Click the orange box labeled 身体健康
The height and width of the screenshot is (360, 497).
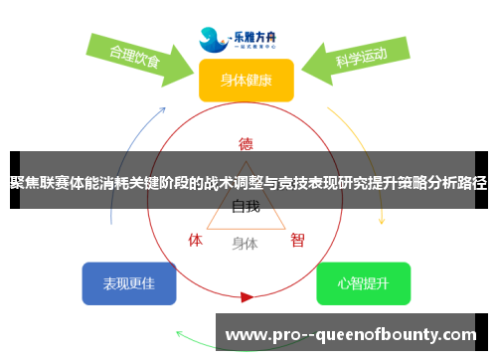[246, 80]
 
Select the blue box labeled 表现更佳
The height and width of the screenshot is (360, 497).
[128, 283]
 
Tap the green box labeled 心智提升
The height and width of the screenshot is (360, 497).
[363, 283]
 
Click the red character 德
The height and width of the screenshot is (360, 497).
[246, 142]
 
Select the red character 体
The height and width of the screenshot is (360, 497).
[196, 240]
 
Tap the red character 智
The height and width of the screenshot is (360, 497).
[297, 240]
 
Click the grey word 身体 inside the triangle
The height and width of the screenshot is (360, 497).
[245, 243]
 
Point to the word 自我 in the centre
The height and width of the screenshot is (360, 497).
[246, 207]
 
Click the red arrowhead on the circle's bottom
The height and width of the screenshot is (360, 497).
[247, 296]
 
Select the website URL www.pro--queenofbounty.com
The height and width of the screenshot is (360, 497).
[353, 334]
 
